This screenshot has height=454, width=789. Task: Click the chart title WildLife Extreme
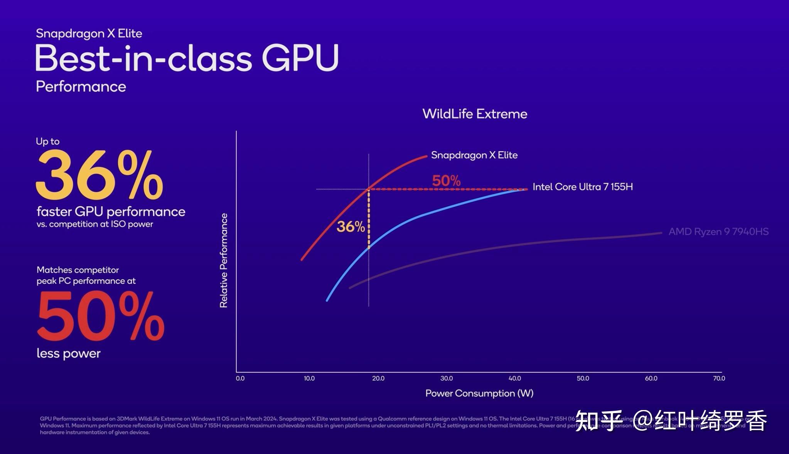pos(475,114)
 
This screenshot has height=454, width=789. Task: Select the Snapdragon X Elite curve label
pos(474,155)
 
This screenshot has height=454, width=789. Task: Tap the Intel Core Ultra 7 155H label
pos(582,187)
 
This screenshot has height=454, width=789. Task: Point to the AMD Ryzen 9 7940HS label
pos(718,232)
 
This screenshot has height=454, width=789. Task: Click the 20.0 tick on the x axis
pos(378,378)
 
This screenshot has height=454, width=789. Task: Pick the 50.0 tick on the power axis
pos(583,378)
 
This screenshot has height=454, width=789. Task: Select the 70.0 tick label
pos(719,378)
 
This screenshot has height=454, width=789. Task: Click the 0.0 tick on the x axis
pos(240,378)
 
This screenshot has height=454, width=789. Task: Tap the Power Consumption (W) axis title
pos(479,393)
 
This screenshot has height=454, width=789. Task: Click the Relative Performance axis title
pos(224,260)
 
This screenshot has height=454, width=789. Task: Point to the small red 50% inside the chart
pos(446,181)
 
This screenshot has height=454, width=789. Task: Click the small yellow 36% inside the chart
pos(351,227)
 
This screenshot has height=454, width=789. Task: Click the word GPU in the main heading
pos(300,58)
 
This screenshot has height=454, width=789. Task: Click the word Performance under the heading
pos(81,87)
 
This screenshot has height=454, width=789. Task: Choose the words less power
pos(69,353)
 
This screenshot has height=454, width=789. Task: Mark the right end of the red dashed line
pos(526,189)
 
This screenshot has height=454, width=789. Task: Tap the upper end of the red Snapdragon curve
pos(426,156)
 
